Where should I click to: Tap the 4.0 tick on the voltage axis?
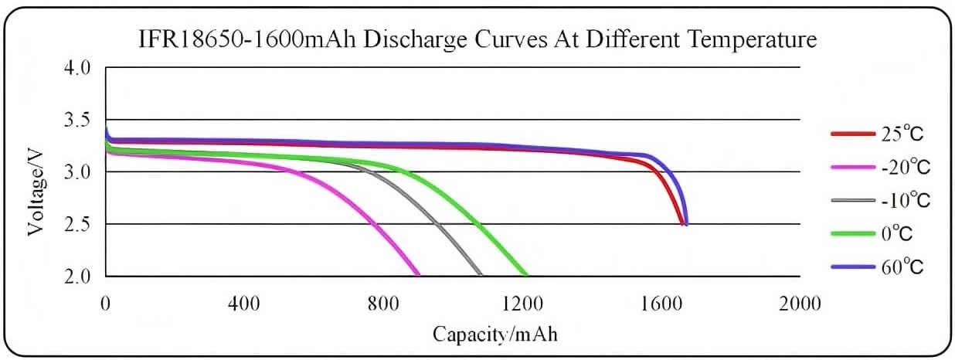click(x=79, y=68)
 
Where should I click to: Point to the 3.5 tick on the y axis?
click(x=79, y=120)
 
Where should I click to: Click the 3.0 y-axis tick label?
click(x=79, y=172)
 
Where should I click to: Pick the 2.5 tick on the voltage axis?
click(x=79, y=224)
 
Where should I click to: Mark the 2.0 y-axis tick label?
click(x=79, y=276)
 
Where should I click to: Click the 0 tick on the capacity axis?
click(x=106, y=303)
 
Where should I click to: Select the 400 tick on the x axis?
click(x=244, y=303)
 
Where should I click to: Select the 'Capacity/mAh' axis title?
click(x=494, y=335)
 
